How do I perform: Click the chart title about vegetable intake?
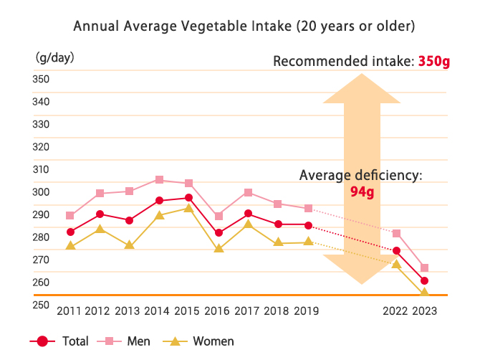(244, 27)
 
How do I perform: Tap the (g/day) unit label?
(54, 57)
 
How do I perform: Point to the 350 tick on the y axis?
(41, 78)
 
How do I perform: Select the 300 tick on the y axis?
(41, 191)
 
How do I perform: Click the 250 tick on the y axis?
(41, 305)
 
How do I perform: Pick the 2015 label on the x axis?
(188, 311)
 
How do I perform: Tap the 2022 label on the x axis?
(395, 311)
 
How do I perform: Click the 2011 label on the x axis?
(69, 311)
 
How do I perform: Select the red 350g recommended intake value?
(433, 62)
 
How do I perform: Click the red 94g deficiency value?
(362, 191)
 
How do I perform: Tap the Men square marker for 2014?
(159, 179)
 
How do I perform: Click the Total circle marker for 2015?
(188, 197)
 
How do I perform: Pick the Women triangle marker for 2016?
(219, 249)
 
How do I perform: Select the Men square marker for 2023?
(424, 267)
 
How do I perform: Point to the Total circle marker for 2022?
(395, 251)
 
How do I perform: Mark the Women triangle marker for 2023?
(424, 293)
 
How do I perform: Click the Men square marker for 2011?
(69, 215)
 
